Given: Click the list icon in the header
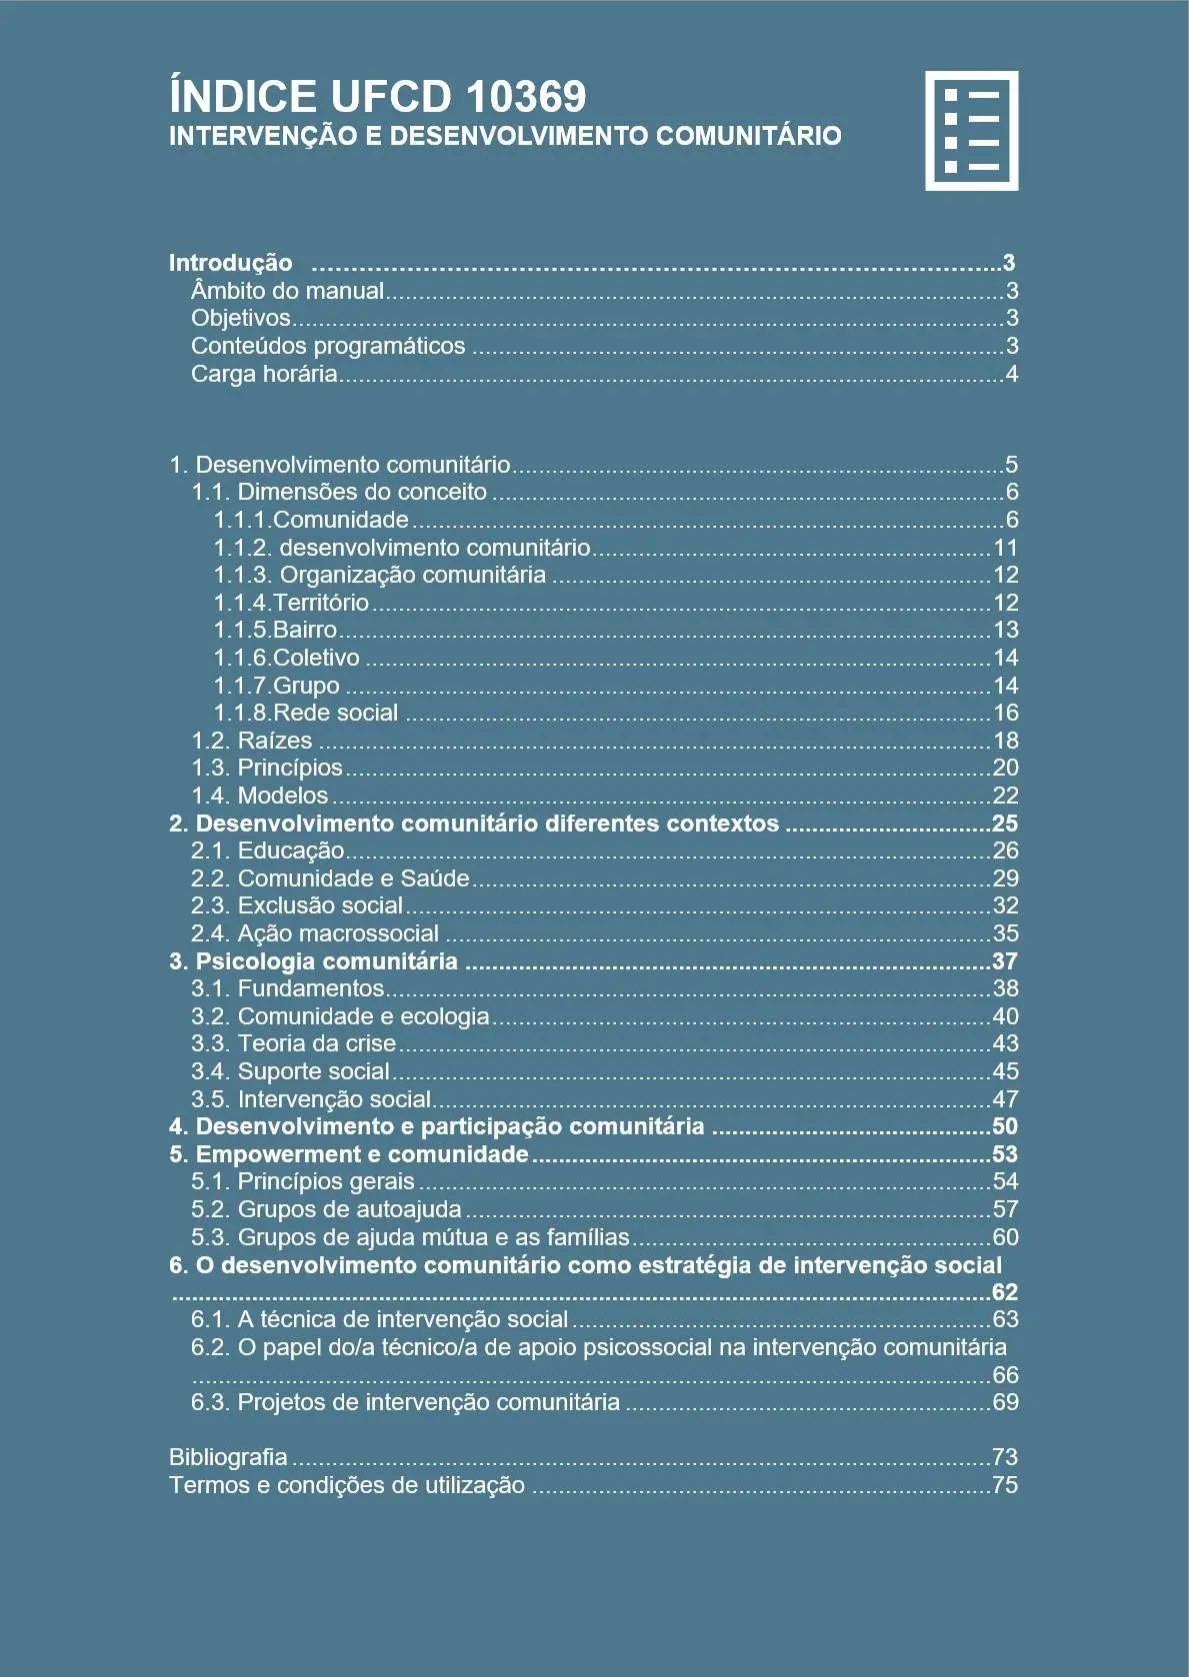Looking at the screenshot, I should click(x=971, y=130).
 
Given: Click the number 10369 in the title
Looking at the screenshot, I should click(x=526, y=97).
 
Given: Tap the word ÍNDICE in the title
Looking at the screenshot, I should click(x=243, y=97).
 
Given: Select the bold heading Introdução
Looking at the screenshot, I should click(x=230, y=263).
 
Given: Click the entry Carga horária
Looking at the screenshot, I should click(x=264, y=374).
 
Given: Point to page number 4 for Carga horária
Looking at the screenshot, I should click(x=1011, y=374).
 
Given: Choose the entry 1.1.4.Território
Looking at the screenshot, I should click(x=291, y=603).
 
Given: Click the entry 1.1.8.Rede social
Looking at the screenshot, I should click(x=306, y=713).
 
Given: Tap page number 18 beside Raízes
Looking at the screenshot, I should click(x=1005, y=741).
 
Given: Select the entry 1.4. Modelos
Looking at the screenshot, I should click(x=260, y=796).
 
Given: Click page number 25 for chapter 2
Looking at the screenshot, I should click(x=1004, y=824).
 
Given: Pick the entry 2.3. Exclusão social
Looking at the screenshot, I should click(x=297, y=905).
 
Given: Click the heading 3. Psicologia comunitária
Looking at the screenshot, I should click(x=313, y=961).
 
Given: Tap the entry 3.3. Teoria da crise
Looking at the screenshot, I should click(x=294, y=1043).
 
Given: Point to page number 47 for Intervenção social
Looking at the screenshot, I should click(x=1005, y=1099).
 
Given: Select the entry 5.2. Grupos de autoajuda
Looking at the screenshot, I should click(x=326, y=1209).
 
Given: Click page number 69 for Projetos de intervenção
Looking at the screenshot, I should click(x=1005, y=1402).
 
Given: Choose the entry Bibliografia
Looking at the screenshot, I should click(x=228, y=1457).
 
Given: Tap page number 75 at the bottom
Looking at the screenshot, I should click(x=1005, y=1485).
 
